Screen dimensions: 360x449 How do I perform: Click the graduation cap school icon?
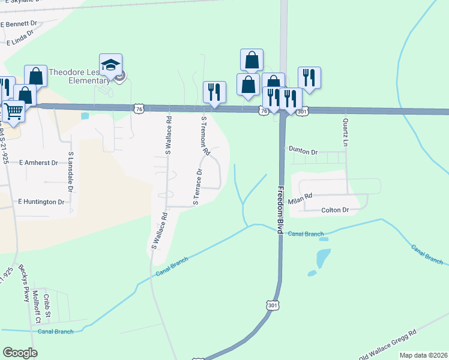(110, 65)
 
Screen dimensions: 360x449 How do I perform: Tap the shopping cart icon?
(13, 110)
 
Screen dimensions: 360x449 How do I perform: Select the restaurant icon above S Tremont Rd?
(214, 92)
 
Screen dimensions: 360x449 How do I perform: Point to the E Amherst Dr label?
(38, 163)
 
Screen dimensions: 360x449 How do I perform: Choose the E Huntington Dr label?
(41, 202)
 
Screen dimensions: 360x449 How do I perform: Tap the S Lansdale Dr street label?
(71, 172)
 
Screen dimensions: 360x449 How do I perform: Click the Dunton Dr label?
(303, 151)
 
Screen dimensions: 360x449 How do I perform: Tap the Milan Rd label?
(301, 197)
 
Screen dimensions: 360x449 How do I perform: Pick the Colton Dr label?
(335, 210)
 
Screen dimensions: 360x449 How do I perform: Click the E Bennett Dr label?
(19, 25)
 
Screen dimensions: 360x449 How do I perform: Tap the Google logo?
(20, 353)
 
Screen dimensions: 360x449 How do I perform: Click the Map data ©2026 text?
(423, 355)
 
